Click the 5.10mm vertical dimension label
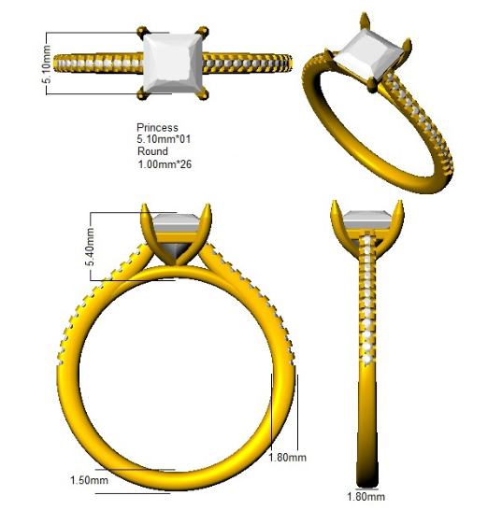[47, 64]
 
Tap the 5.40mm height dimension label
[90, 247]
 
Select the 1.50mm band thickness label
[89, 480]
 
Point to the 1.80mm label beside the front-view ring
[287, 458]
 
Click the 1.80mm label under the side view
[366, 497]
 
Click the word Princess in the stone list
[157, 127]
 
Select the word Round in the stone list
[152, 151]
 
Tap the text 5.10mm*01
[164, 139]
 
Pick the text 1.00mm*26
[165, 164]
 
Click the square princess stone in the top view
[173, 64]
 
